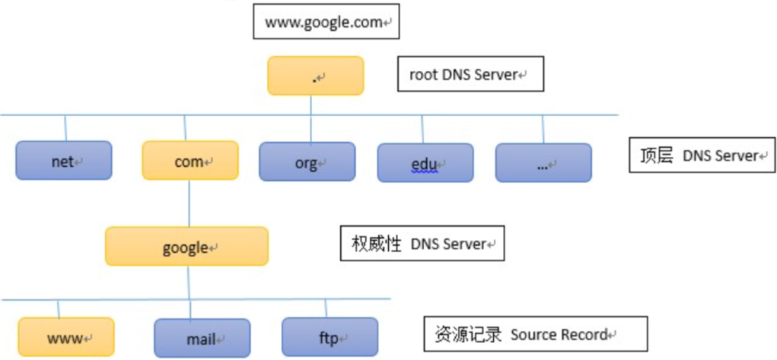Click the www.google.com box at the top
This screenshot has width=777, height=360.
click(326, 23)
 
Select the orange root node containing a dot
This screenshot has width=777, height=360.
click(315, 76)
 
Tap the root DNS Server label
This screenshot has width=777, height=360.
click(470, 74)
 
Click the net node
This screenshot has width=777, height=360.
click(64, 161)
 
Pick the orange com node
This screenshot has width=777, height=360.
click(190, 161)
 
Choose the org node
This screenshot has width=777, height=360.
click(307, 162)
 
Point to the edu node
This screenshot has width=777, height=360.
click(424, 163)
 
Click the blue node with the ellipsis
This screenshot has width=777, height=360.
click(543, 163)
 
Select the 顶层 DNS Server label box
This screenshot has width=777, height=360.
click(702, 155)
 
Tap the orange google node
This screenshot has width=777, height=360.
click(186, 246)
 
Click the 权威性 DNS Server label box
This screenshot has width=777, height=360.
click(422, 243)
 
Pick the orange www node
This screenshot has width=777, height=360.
click(66, 337)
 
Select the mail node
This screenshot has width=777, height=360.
click(202, 338)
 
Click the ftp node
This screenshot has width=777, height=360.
click(330, 337)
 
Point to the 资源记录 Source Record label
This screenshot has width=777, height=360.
click(535, 334)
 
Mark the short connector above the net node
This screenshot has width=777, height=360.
click(65, 128)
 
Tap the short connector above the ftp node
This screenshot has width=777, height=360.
click(326, 308)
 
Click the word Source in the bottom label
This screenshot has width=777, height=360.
click(533, 335)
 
